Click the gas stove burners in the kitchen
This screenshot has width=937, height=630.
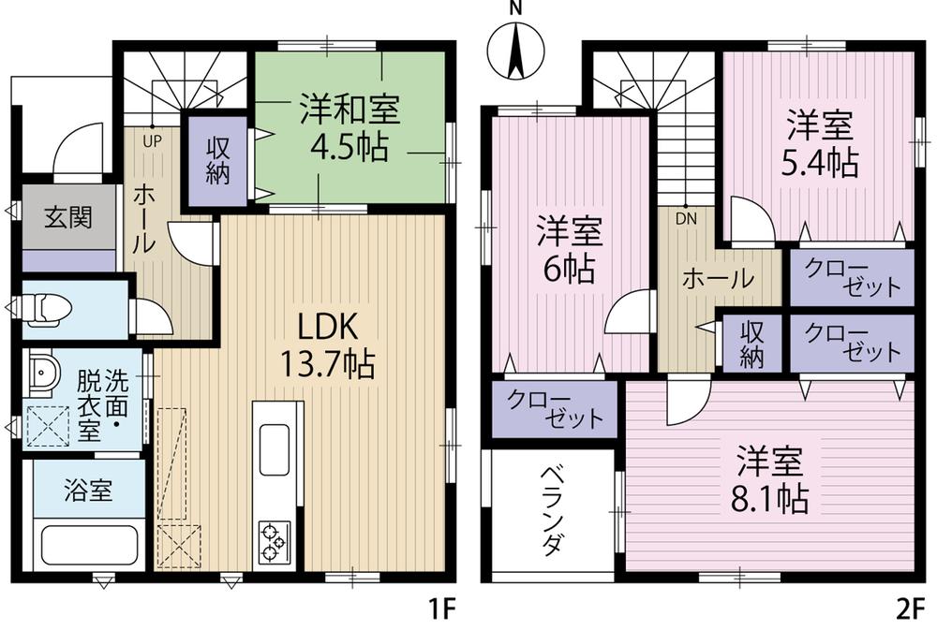pyautogui.click(x=273, y=541)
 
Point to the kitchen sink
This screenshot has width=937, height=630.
pyautogui.click(x=277, y=448)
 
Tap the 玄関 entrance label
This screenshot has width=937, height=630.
pyautogui.click(x=67, y=218)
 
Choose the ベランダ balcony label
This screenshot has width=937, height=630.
pyautogui.click(x=552, y=514)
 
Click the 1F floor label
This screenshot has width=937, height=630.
pyautogui.click(x=441, y=609)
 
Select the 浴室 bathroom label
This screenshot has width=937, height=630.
pyautogui.click(x=88, y=491)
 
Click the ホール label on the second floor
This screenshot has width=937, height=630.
pyautogui.click(x=717, y=278)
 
